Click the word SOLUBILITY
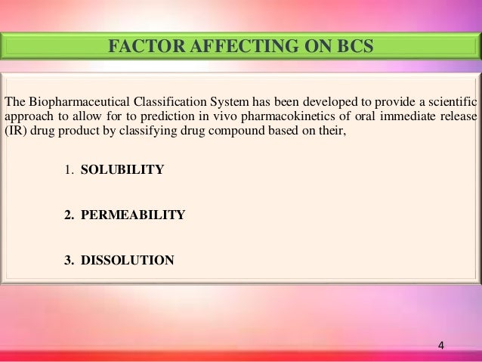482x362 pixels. pos(122,169)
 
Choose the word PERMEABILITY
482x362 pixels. pos(132,215)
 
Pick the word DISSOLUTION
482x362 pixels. pos(127,261)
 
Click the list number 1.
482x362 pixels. pos(66,169)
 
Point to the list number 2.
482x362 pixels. pos(67,215)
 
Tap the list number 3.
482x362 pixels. pos(67,261)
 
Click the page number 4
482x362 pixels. pos(442,346)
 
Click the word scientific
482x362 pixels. pos(450,102)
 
